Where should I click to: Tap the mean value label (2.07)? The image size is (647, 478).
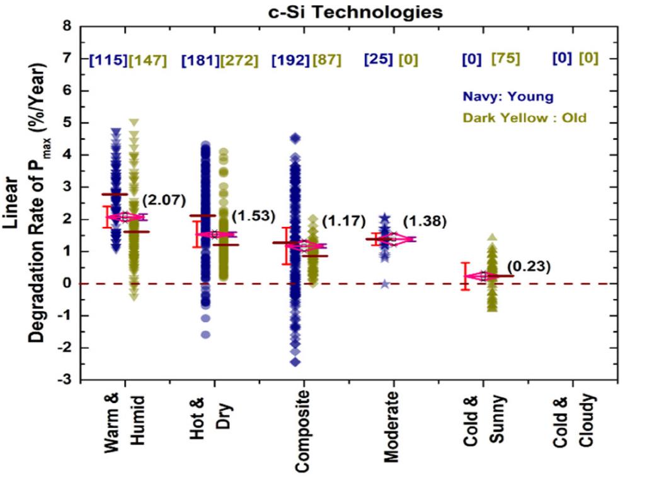click(x=162, y=201)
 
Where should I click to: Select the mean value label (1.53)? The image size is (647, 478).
click(x=253, y=216)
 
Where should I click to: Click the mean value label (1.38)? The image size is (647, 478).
click(x=425, y=221)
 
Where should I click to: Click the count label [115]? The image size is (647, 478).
click(x=108, y=61)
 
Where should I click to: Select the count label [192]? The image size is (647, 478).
click(x=290, y=61)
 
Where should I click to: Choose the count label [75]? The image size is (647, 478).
click(x=506, y=59)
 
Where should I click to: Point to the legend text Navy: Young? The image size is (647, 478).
click(x=508, y=96)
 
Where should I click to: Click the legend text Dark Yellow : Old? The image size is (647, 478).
click(x=524, y=118)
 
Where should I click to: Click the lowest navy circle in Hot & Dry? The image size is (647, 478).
click(x=205, y=334)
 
